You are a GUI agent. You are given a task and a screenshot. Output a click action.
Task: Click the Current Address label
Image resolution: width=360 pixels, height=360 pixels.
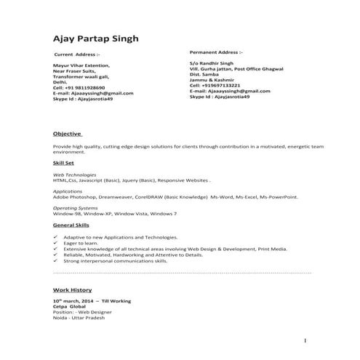(78, 55)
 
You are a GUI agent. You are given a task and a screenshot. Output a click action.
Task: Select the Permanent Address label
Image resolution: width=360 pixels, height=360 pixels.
(216, 52)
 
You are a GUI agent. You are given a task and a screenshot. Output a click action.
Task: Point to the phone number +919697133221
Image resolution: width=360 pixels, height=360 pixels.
(220, 85)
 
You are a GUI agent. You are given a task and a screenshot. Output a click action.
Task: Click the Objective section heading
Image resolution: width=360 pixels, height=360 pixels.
(68, 135)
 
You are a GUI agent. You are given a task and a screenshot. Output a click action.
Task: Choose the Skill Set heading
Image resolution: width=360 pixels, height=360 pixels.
(65, 164)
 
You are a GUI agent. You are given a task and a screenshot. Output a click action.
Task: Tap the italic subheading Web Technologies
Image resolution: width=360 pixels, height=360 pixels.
(75, 175)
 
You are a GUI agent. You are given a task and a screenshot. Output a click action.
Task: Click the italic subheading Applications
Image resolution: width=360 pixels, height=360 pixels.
(68, 191)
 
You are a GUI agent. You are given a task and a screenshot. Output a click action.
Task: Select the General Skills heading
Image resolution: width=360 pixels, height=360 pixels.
(71, 226)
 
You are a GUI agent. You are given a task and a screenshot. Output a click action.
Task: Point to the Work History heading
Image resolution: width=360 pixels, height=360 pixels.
(71, 289)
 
